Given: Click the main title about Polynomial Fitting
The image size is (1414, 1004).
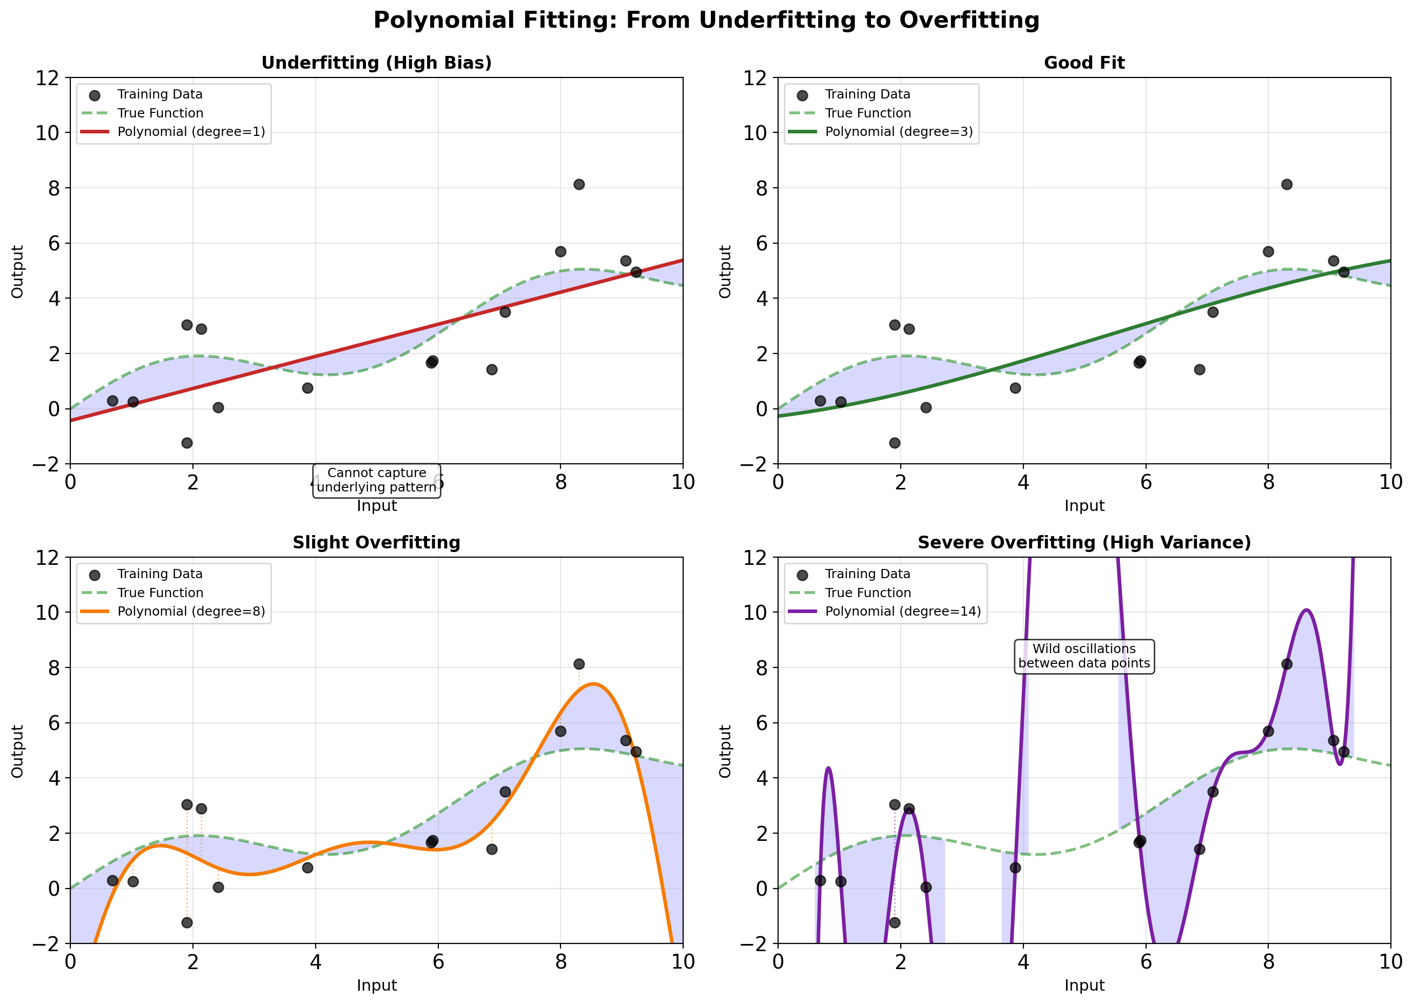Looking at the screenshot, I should [706, 21].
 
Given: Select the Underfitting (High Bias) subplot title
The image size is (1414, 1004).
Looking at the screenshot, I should [376, 63].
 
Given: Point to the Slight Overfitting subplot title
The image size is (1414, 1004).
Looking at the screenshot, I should [376, 543].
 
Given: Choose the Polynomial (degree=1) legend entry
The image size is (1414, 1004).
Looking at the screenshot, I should [190, 132].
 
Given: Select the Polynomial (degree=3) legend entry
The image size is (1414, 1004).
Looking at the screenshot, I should [899, 132].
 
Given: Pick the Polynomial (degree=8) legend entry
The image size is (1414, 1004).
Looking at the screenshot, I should [190, 612].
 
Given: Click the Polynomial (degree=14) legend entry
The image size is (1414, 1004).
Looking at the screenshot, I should [902, 612].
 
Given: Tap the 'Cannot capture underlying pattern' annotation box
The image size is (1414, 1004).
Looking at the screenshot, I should [377, 480].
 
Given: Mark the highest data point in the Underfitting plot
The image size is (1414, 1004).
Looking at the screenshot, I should [578, 184].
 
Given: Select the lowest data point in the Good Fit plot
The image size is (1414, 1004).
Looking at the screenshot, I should [895, 443].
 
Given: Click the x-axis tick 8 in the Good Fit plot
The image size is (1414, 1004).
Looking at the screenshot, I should [1268, 483].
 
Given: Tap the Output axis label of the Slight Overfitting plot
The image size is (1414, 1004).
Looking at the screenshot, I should [17, 751].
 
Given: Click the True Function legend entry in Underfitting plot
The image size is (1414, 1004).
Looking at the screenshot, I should [160, 113].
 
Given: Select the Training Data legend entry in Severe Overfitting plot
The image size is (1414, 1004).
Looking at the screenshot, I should [867, 574].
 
